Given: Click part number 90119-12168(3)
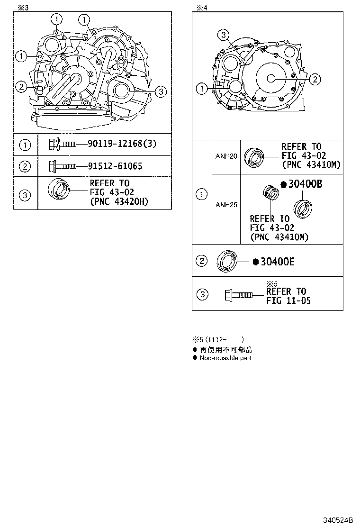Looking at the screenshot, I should tap(122, 143).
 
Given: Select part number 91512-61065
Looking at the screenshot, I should tap(115, 166).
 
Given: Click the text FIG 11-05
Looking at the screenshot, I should tap(288, 300).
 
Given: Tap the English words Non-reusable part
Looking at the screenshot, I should tap(225, 358).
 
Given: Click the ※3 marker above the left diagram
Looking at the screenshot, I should tap(23, 7).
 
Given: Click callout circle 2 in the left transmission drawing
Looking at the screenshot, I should tap(20, 86).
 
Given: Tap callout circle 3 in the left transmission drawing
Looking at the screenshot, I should tap(161, 91).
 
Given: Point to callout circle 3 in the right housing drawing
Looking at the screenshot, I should tap(224, 34).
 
